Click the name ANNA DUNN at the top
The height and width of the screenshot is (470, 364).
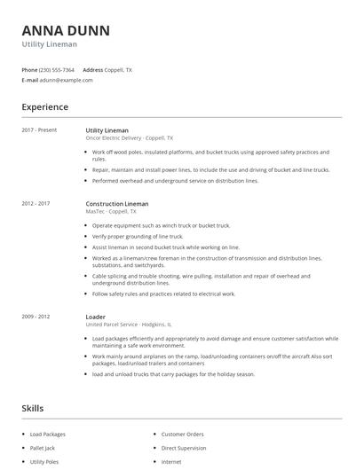click(66, 30)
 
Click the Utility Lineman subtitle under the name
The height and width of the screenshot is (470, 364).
click(49, 44)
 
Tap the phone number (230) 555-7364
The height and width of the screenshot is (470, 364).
click(57, 69)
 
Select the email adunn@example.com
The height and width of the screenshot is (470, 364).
click(66, 80)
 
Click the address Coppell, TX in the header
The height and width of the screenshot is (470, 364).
click(118, 69)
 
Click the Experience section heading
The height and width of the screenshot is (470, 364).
click(44, 107)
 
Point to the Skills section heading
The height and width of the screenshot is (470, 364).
click(33, 409)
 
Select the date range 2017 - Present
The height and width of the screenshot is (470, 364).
click(39, 130)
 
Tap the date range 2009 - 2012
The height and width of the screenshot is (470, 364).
click(36, 317)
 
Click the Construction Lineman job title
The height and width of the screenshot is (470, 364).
click(117, 204)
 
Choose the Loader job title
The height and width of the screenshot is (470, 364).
click(95, 317)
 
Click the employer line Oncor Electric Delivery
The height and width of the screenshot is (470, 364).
click(129, 138)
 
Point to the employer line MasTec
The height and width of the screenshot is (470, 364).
click(111, 212)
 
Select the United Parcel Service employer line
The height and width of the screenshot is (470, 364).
click(128, 325)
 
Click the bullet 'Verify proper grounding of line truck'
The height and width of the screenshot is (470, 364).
click(138, 237)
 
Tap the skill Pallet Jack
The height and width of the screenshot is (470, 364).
click(44, 448)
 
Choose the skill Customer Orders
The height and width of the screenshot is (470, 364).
click(182, 435)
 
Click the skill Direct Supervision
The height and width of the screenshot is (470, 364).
click(184, 448)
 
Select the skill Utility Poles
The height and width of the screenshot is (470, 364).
click(45, 462)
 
